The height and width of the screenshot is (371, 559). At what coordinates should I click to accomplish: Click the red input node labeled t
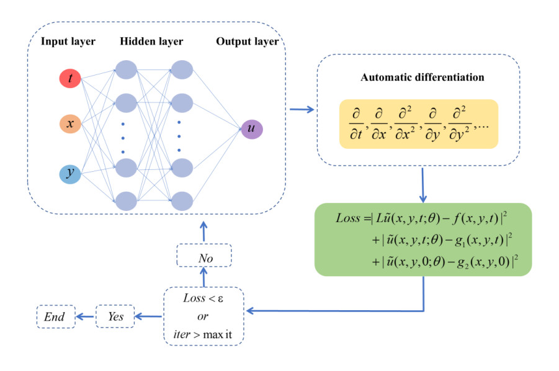pyautogui.click(x=70, y=78)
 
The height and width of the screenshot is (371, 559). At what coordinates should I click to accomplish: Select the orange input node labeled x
pyautogui.click(x=70, y=124)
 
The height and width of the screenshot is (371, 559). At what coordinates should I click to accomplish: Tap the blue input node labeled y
pyautogui.click(x=70, y=173)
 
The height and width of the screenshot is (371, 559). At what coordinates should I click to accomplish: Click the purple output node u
pyautogui.click(x=252, y=129)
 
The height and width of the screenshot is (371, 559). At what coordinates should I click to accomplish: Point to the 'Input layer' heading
pyautogui.click(x=68, y=42)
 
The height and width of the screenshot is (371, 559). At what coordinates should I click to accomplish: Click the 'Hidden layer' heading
pyautogui.click(x=152, y=42)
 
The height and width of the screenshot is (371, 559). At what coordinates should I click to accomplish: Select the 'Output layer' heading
pyautogui.click(x=247, y=42)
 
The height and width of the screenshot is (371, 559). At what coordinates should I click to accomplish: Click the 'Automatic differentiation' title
pyautogui.click(x=423, y=78)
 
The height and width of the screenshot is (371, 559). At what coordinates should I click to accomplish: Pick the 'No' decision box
pyautogui.click(x=204, y=256)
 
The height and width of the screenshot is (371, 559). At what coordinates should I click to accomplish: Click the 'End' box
pyautogui.click(x=55, y=316)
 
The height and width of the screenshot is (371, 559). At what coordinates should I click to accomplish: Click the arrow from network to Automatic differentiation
pyautogui.click(x=302, y=110)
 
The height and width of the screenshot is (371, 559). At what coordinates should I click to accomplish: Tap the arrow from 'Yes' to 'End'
pyautogui.click(x=84, y=316)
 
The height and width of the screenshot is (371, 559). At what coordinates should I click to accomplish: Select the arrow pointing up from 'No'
pyautogui.click(x=204, y=230)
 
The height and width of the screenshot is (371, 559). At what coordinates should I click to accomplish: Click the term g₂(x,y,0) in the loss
pyautogui.click(x=480, y=262)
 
